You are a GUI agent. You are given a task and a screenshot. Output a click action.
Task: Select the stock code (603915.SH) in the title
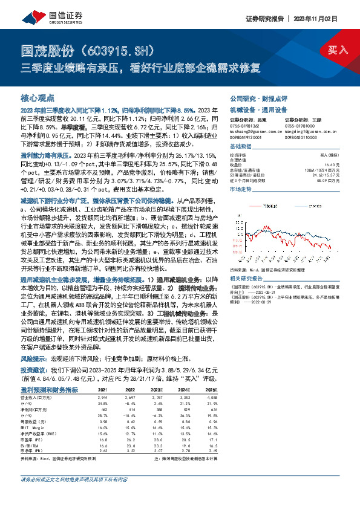(x=121, y=49)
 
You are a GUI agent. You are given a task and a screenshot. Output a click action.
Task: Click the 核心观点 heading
(x=38, y=97)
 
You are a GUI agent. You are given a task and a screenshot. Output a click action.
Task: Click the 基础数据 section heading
(x=240, y=147)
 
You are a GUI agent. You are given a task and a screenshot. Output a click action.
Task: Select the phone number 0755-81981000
(x=300, y=125)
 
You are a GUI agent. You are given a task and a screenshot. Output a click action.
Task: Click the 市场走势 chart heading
(x=240, y=189)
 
